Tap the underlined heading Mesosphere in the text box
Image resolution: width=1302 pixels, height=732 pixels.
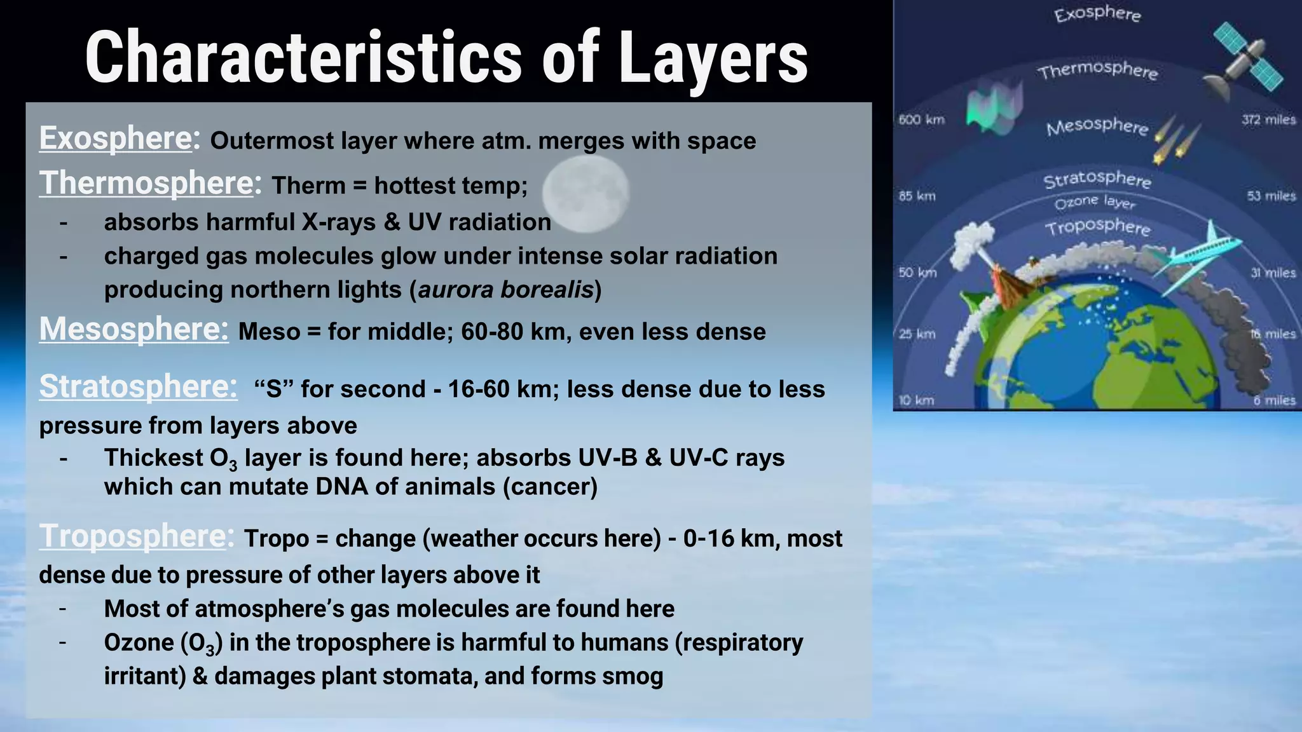coord(134,330)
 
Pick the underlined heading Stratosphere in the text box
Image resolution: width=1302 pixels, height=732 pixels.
coord(138,387)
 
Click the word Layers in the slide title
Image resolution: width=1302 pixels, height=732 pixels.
coord(713,58)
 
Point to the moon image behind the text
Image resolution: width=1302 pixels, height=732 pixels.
coord(586,191)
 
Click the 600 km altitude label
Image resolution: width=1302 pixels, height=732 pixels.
coord(921,119)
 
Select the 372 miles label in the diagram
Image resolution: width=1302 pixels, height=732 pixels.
coord(1268,119)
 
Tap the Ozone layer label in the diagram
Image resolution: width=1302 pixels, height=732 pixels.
coord(1094,202)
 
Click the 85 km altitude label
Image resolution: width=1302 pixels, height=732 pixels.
coord(917,196)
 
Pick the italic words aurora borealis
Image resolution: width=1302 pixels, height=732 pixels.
coord(505,290)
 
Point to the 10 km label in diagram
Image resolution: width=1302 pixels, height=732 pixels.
coord(916,400)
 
